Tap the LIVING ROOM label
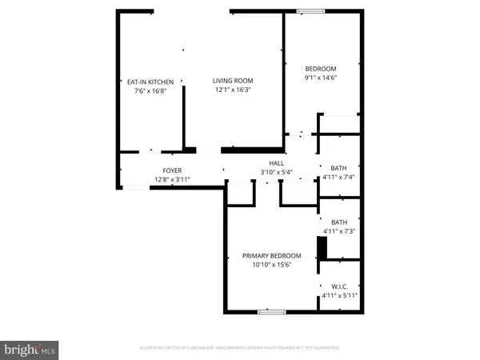pos(232,80)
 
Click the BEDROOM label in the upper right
pos(320,69)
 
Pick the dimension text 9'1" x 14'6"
pos(320,78)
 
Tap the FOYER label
pos(173,170)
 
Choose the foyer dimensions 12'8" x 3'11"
pos(173,179)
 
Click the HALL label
pos(276,163)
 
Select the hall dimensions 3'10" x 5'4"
pos(276,172)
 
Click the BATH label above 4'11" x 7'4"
pos(339,167)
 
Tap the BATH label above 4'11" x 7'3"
pos(339,222)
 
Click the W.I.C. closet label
pos(339,286)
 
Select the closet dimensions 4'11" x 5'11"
pos(339,295)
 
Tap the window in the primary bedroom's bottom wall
pos(270,310)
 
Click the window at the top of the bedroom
pos(308,11)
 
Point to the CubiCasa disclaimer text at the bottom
pos(239,349)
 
